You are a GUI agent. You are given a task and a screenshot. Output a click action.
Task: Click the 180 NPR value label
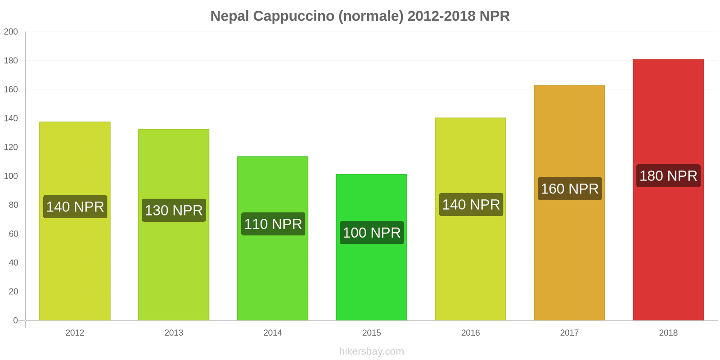coord(668,176)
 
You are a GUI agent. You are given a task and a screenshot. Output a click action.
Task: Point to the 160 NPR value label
coord(570,189)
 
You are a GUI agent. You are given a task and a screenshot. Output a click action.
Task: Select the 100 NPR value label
coord(372,233)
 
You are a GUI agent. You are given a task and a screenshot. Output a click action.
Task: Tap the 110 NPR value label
coord(273,224)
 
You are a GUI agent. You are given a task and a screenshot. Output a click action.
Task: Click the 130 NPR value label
coord(174,211)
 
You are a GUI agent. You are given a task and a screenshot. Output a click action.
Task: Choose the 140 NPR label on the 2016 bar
coord(471,205)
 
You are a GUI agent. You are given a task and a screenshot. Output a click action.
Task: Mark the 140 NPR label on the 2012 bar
coord(75,207)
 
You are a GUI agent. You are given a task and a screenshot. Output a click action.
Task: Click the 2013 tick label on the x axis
coord(174,333)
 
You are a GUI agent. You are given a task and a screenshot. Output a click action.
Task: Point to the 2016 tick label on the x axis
coord(470,333)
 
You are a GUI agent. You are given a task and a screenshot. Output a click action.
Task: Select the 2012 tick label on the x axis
coord(75,333)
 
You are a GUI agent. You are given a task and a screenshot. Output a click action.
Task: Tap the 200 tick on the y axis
coord(11,32)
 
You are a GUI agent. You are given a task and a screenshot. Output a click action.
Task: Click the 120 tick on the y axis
coord(11,147)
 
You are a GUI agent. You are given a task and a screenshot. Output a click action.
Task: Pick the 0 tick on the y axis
coord(15,320)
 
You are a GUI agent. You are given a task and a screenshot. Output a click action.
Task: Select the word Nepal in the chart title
coord(229,16)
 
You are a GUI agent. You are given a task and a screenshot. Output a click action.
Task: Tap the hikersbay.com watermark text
coord(371,351)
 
